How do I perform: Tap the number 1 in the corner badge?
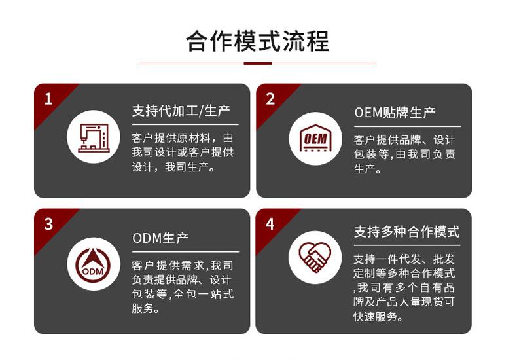pos(48,99)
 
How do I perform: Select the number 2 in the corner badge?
pos(270,99)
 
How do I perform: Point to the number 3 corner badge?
pos(48,224)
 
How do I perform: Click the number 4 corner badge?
pos(270,224)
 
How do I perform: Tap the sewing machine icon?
pos(94,137)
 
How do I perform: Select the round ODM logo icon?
pos(94,264)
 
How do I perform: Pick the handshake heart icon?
pos(315,256)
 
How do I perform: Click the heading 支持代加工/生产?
pos(181,111)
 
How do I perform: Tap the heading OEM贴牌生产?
pos(395,113)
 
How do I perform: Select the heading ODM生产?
pos(160,238)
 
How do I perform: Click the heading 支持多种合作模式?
pos(406,232)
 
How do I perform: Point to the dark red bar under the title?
pos(257,63)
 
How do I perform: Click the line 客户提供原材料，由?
pos(182,138)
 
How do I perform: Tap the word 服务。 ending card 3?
pos(145,308)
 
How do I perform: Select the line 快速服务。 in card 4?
pos(378,317)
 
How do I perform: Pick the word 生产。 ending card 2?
pos(368,169)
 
